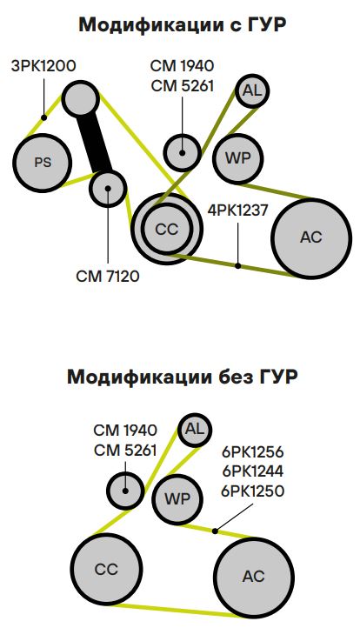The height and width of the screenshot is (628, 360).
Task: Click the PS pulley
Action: pos(43,162)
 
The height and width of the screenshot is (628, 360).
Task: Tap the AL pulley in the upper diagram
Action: pos(252,91)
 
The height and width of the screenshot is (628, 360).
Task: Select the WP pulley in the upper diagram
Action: pos(238,158)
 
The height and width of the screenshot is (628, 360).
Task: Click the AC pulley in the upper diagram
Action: pos(311,238)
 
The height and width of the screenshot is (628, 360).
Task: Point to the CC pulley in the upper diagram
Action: pos(167,229)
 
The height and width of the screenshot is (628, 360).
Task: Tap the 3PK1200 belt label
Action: pos(43,66)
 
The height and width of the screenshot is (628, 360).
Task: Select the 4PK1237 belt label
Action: pos(237,210)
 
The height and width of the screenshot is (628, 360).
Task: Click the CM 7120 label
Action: pos(108,276)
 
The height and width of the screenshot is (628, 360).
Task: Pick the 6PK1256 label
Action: pos(253,452)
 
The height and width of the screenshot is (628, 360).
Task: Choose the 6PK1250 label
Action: pos(253,491)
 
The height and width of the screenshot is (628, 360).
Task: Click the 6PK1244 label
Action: pos(253,471)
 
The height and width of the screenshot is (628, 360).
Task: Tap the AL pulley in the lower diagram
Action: pos(195,431)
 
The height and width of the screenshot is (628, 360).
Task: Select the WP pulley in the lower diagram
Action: pos(177,499)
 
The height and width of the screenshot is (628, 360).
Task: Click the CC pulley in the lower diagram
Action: pos(106,569)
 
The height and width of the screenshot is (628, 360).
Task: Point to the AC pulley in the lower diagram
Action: pos(254,577)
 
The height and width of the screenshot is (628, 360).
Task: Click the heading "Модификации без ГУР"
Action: pos(183,377)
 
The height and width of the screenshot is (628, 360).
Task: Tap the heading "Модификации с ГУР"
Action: pos(183,25)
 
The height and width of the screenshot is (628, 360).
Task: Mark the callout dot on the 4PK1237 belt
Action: pos(238,265)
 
